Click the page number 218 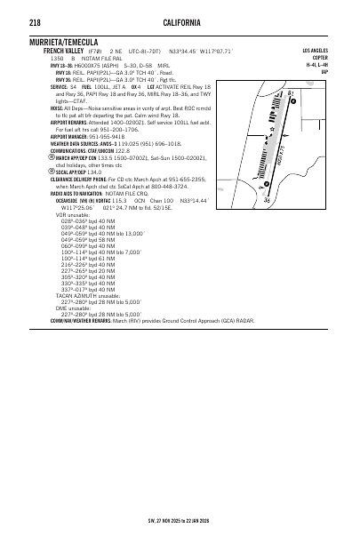click(33, 20)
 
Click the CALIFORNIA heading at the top click(180, 20)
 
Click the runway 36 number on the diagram click(265, 201)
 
